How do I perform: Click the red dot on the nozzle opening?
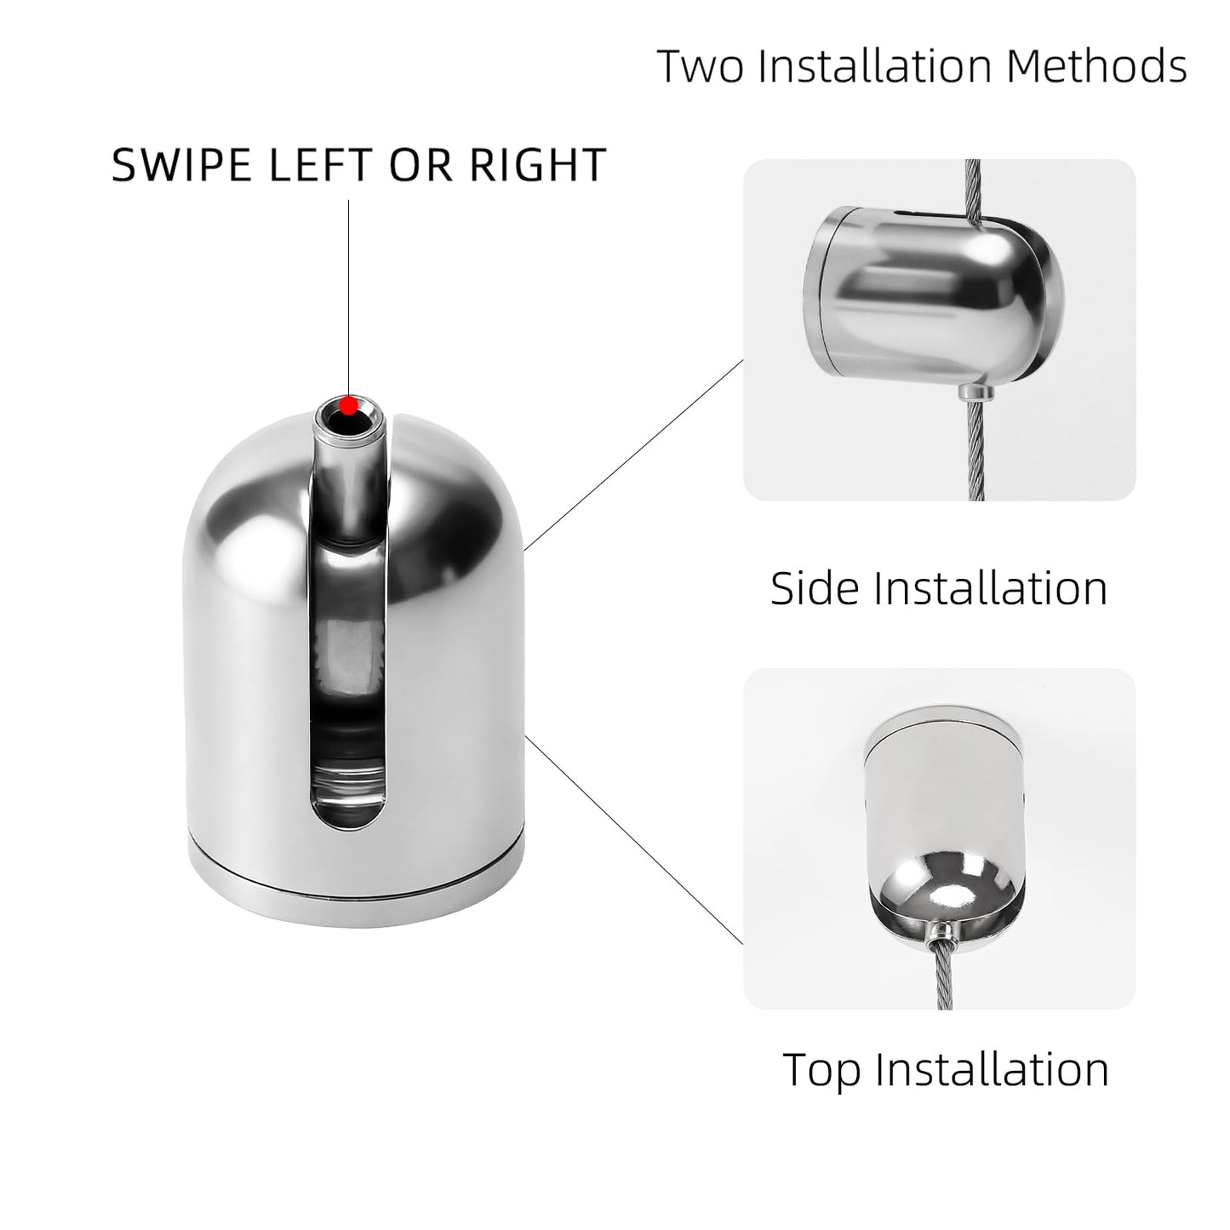(x=348, y=405)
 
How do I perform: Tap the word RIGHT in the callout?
(x=537, y=165)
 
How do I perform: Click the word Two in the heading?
(x=701, y=66)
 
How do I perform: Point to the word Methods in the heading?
(x=1096, y=66)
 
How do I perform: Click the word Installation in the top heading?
(x=875, y=66)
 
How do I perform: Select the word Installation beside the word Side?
(x=990, y=587)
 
